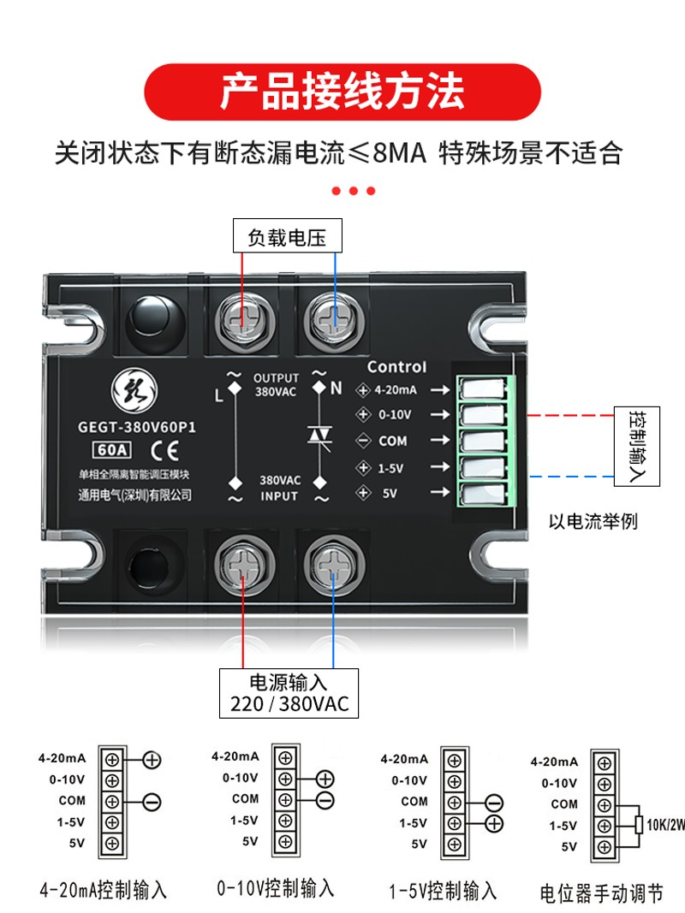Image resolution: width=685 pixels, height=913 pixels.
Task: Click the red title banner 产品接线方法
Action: point(342,92)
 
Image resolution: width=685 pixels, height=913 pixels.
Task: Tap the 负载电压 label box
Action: point(287,236)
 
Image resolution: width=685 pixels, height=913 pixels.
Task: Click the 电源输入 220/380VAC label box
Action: point(289,693)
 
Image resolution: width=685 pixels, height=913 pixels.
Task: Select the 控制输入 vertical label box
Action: point(637,446)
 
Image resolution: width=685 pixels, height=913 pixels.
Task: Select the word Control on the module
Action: point(396,367)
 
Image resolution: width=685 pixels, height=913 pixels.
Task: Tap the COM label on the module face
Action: point(392,442)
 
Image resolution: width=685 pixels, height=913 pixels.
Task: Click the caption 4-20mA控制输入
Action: point(103,890)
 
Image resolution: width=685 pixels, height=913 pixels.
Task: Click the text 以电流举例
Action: point(593,521)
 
